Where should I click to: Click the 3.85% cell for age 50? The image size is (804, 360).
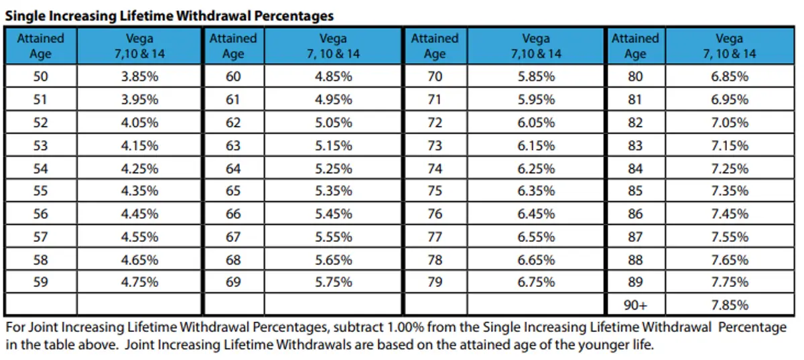(x=139, y=76)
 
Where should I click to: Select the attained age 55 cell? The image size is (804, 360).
(x=41, y=191)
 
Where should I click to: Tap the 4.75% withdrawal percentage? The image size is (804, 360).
(x=139, y=282)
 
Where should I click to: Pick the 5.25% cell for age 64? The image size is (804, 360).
(x=334, y=168)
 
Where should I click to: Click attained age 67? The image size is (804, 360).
(x=233, y=237)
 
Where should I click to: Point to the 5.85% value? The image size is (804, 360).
(x=536, y=76)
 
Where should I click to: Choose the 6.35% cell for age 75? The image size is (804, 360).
(x=536, y=191)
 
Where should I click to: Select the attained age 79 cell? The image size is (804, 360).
(x=435, y=282)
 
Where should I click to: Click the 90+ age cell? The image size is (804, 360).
(x=635, y=305)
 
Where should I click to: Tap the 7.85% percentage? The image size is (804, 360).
(x=730, y=305)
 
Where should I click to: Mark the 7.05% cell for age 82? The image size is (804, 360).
(x=730, y=122)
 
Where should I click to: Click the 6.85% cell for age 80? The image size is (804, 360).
(x=730, y=76)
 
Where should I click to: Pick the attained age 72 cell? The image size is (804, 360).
(x=435, y=122)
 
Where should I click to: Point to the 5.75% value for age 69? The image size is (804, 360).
(x=334, y=282)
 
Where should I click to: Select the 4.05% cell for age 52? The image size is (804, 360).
(x=139, y=122)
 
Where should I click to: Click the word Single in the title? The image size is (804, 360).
(x=24, y=15)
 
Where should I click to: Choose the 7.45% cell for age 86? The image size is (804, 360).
(x=730, y=214)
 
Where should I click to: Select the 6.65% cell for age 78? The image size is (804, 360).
(x=536, y=259)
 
